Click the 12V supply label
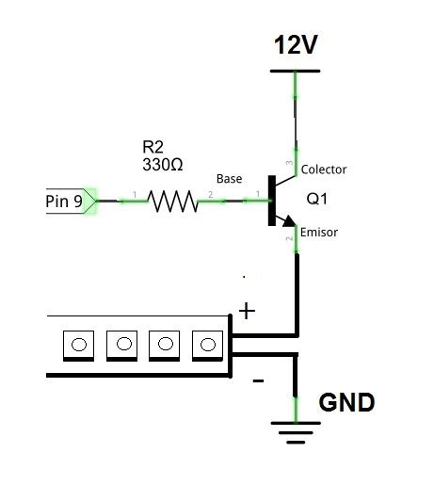click(296, 44)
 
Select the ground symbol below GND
click(297, 432)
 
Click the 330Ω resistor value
click(162, 164)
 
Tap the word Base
click(230, 178)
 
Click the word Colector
click(324, 170)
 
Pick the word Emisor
click(320, 232)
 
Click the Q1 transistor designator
click(318, 200)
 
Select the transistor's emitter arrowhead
click(290, 226)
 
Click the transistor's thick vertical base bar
click(269, 201)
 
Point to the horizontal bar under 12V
click(296, 71)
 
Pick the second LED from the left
click(121, 345)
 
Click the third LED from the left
click(163, 345)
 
